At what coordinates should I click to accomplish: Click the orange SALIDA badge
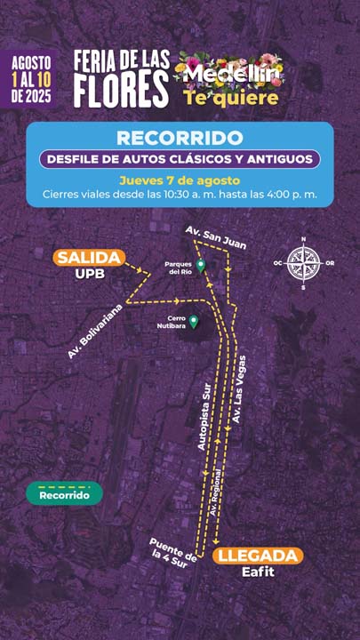[x=90, y=258]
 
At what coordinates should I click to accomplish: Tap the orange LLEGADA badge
[x=258, y=556]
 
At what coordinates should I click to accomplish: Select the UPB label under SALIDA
[x=90, y=274]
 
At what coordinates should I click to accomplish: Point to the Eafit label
[x=258, y=572]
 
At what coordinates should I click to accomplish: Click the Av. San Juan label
[x=215, y=236]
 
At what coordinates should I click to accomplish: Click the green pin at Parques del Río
[x=201, y=264]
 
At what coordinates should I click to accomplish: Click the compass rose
[x=304, y=263]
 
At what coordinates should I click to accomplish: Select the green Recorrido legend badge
[x=64, y=493]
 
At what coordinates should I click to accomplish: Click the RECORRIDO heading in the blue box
[x=180, y=138]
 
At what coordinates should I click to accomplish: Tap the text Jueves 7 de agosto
[x=180, y=179]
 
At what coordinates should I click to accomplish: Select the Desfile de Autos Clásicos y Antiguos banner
[x=180, y=159]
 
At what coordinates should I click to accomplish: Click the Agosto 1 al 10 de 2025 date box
[x=30, y=78]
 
